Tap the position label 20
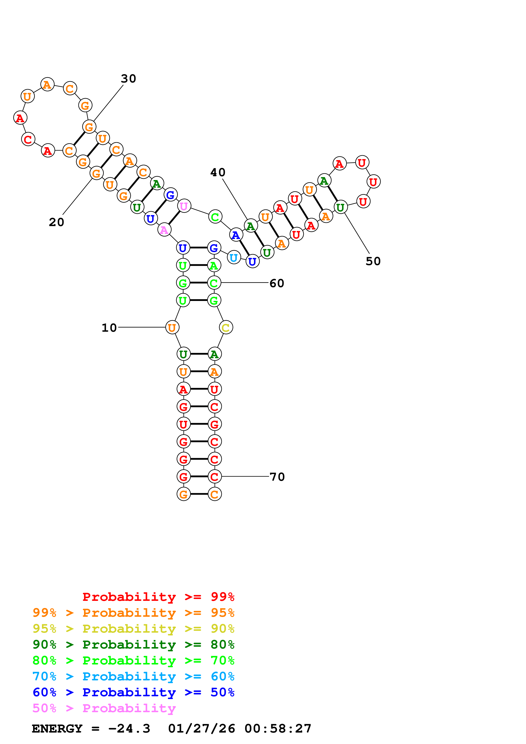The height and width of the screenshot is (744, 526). click(x=56, y=222)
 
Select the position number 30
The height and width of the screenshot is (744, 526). click(x=128, y=78)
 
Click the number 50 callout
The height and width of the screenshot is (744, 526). click(x=373, y=261)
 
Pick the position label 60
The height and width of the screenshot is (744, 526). click(x=277, y=283)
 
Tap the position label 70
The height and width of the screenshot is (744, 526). click(x=277, y=477)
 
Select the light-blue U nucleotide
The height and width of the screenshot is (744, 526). click(x=234, y=258)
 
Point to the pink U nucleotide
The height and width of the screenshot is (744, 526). click(x=184, y=206)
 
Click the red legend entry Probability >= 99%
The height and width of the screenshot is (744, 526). click(x=158, y=597)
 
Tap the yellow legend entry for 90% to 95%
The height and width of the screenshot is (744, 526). click(x=133, y=628)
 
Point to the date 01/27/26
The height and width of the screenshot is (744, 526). click(x=201, y=729)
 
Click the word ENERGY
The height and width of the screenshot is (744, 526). click(x=57, y=729)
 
